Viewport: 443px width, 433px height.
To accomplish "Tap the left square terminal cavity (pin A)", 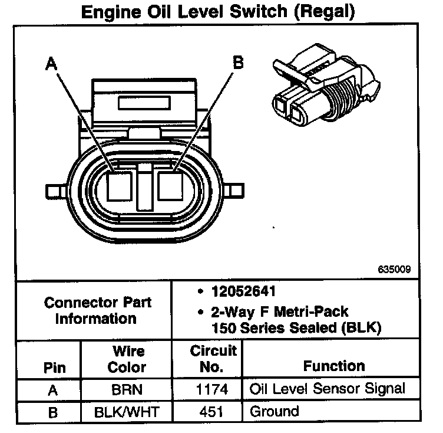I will tap(120, 188).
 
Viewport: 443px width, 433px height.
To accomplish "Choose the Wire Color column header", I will tap(128, 359).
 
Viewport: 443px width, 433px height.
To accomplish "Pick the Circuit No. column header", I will tap(213, 359).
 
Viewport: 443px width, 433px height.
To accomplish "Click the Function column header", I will tap(334, 366).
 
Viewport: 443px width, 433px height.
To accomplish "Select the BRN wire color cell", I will tap(128, 389).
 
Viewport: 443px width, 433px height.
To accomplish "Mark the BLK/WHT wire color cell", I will tap(128, 411).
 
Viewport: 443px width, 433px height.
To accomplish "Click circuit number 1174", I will tap(213, 389).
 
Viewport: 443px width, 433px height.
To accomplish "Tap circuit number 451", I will tap(213, 411).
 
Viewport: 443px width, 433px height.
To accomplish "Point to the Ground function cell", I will tap(275, 411).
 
